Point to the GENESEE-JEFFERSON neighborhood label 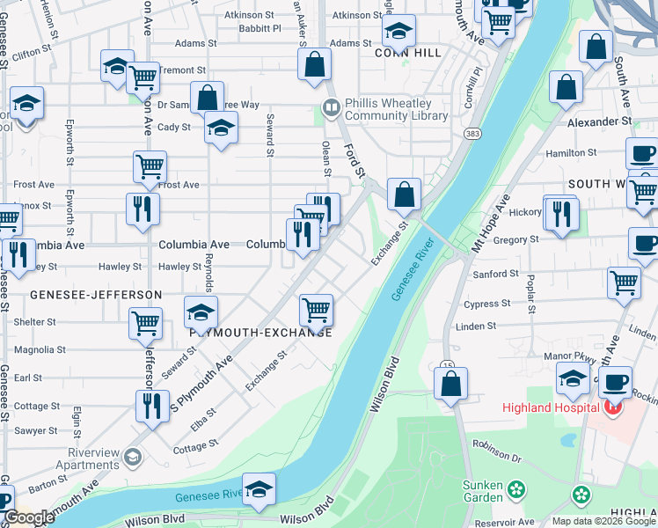[96, 294]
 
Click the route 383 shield [472, 132]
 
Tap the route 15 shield [447, 364]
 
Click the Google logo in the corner [28, 517]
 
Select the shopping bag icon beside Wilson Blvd [450, 385]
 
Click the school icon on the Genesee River [259, 491]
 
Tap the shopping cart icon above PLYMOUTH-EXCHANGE [316, 310]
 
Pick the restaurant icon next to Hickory [560, 213]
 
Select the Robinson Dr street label [497, 451]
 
